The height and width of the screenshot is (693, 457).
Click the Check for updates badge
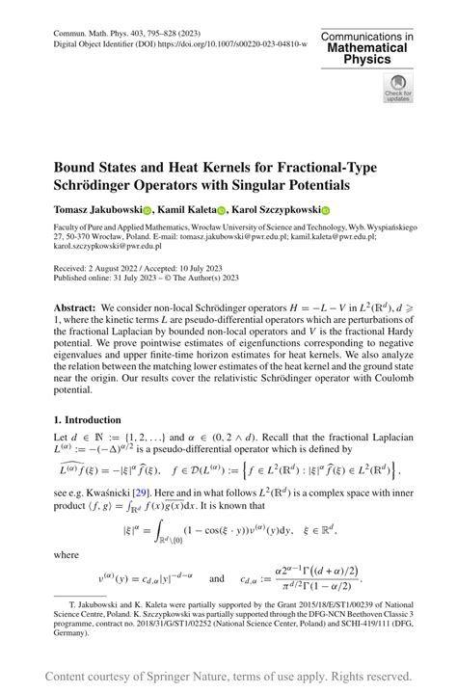398,90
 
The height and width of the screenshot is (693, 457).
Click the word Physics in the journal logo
367,59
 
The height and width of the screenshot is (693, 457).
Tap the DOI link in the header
239,43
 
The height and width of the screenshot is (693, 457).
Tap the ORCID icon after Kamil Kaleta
221,210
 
